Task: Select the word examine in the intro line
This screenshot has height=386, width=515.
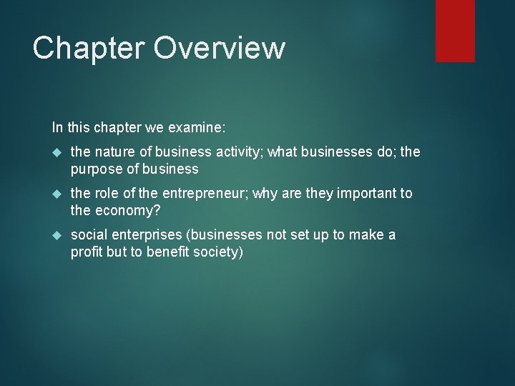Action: coord(200,128)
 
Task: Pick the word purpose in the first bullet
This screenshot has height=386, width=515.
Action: coord(94,169)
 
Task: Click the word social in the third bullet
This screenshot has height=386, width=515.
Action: coord(87,235)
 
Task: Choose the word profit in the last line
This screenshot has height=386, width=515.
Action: coord(86,252)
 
